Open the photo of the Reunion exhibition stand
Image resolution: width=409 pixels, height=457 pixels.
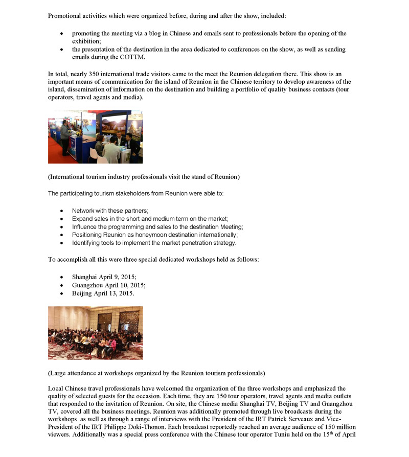(x=95, y=136)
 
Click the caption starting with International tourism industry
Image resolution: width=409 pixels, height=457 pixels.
(x=144, y=177)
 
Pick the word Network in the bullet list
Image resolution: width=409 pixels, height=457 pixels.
(x=84, y=211)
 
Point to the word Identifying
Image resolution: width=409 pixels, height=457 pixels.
(x=87, y=243)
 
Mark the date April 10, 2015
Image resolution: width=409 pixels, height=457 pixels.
(x=123, y=285)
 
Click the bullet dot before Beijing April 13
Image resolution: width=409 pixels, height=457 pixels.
(x=62, y=293)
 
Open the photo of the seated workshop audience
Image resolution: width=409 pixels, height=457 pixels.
(x=95, y=332)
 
